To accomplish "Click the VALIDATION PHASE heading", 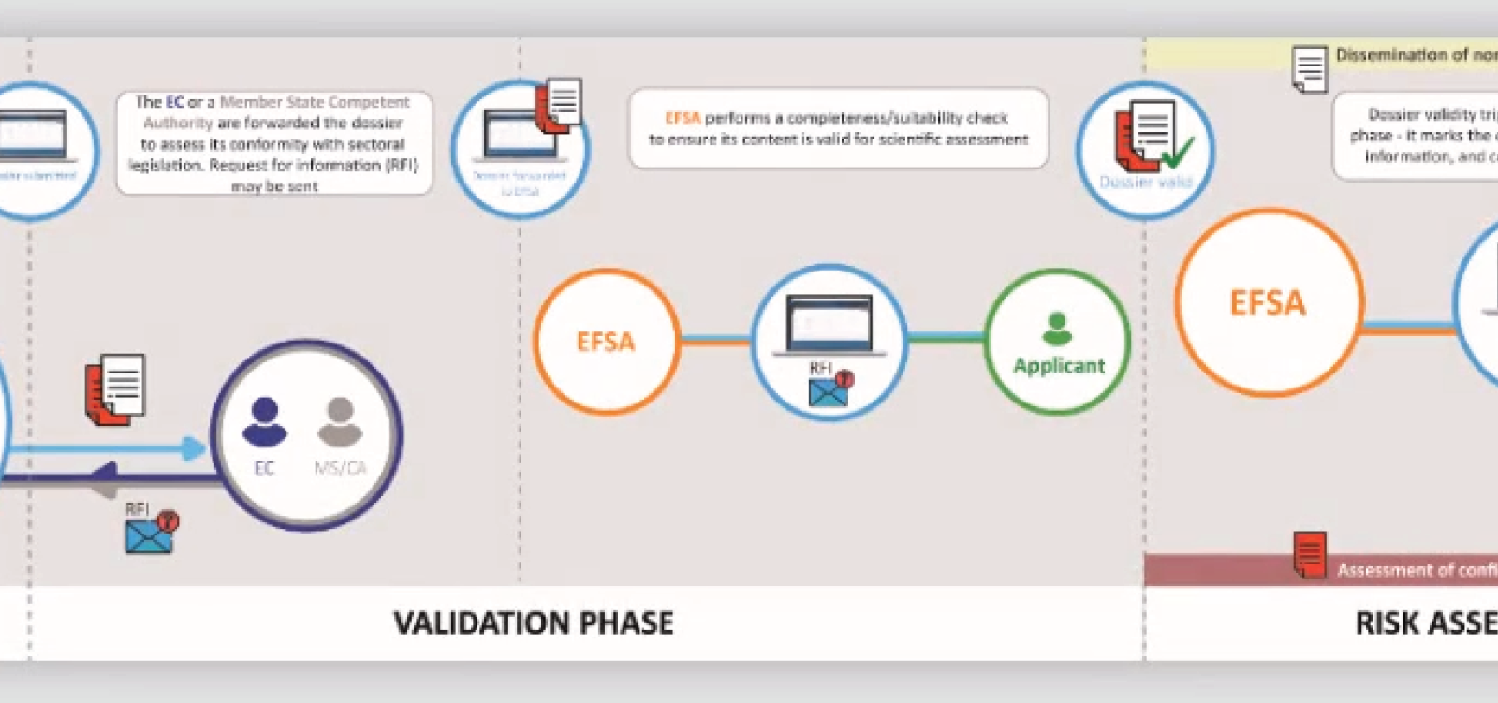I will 533,623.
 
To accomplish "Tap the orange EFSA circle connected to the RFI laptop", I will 606,342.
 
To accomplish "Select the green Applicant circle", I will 1058,343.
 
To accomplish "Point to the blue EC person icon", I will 264,422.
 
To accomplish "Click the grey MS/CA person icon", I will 340,422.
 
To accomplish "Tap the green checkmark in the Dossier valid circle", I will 1177,151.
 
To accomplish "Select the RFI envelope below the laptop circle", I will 829,390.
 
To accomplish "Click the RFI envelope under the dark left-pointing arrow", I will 150,534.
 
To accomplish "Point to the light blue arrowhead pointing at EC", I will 194,449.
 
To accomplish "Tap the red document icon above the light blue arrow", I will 115,389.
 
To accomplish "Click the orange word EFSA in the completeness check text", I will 683,118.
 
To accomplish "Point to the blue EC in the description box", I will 174,102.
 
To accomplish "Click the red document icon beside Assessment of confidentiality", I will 1309,555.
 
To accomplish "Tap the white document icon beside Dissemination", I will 1309,68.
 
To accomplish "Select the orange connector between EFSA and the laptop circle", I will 716,342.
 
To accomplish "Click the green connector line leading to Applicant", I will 946,338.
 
